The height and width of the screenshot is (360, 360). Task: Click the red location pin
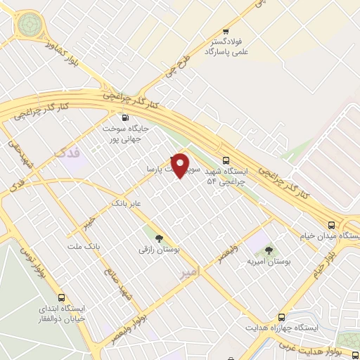(181, 165)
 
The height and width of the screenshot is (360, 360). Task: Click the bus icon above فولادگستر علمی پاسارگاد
(226, 32)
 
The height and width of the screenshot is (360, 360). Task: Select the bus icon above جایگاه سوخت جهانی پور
(125, 118)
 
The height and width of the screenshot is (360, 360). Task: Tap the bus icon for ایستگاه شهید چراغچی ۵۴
(226, 160)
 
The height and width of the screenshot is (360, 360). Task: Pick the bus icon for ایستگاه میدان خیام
(330, 225)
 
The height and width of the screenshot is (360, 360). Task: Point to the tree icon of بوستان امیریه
(269, 250)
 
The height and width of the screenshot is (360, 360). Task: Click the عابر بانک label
(127, 204)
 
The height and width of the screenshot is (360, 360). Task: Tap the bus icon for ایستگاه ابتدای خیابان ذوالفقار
(62, 297)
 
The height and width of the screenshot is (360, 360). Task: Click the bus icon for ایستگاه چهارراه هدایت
(281, 317)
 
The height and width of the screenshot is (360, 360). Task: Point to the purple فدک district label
(67, 150)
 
